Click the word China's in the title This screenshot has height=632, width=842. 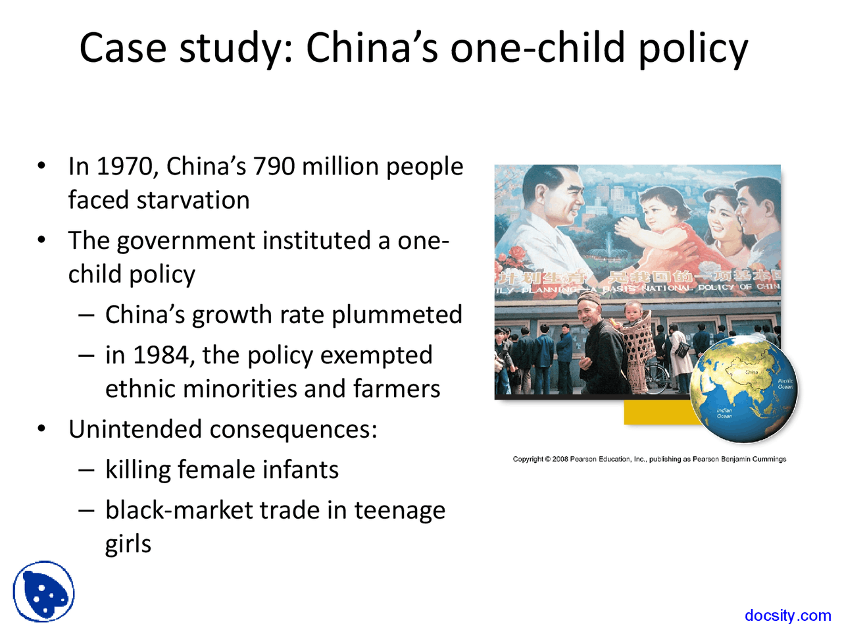click(x=372, y=48)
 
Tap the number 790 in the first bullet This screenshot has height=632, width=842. click(x=274, y=167)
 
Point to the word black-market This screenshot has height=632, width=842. click(x=179, y=510)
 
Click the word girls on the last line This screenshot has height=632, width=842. click(x=128, y=544)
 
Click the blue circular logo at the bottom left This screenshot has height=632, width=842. click(x=43, y=592)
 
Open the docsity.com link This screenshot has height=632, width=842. click(x=787, y=616)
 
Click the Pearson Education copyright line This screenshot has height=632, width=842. click(x=649, y=459)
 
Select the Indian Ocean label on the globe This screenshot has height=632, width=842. click(x=724, y=413)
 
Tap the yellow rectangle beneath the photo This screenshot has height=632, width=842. click(x=658, y=413)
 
